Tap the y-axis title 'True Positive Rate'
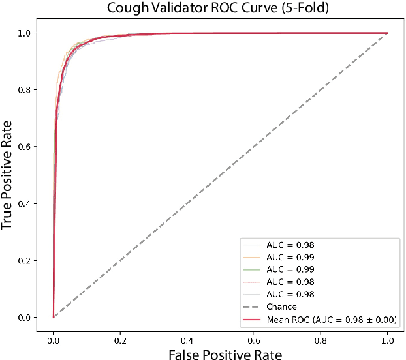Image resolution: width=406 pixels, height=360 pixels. coord(8,175)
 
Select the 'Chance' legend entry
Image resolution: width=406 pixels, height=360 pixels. coord(281,307)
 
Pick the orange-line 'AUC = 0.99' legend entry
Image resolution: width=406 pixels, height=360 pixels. coord(290,257)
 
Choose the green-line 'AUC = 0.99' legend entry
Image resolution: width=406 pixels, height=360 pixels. coord(290,269)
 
